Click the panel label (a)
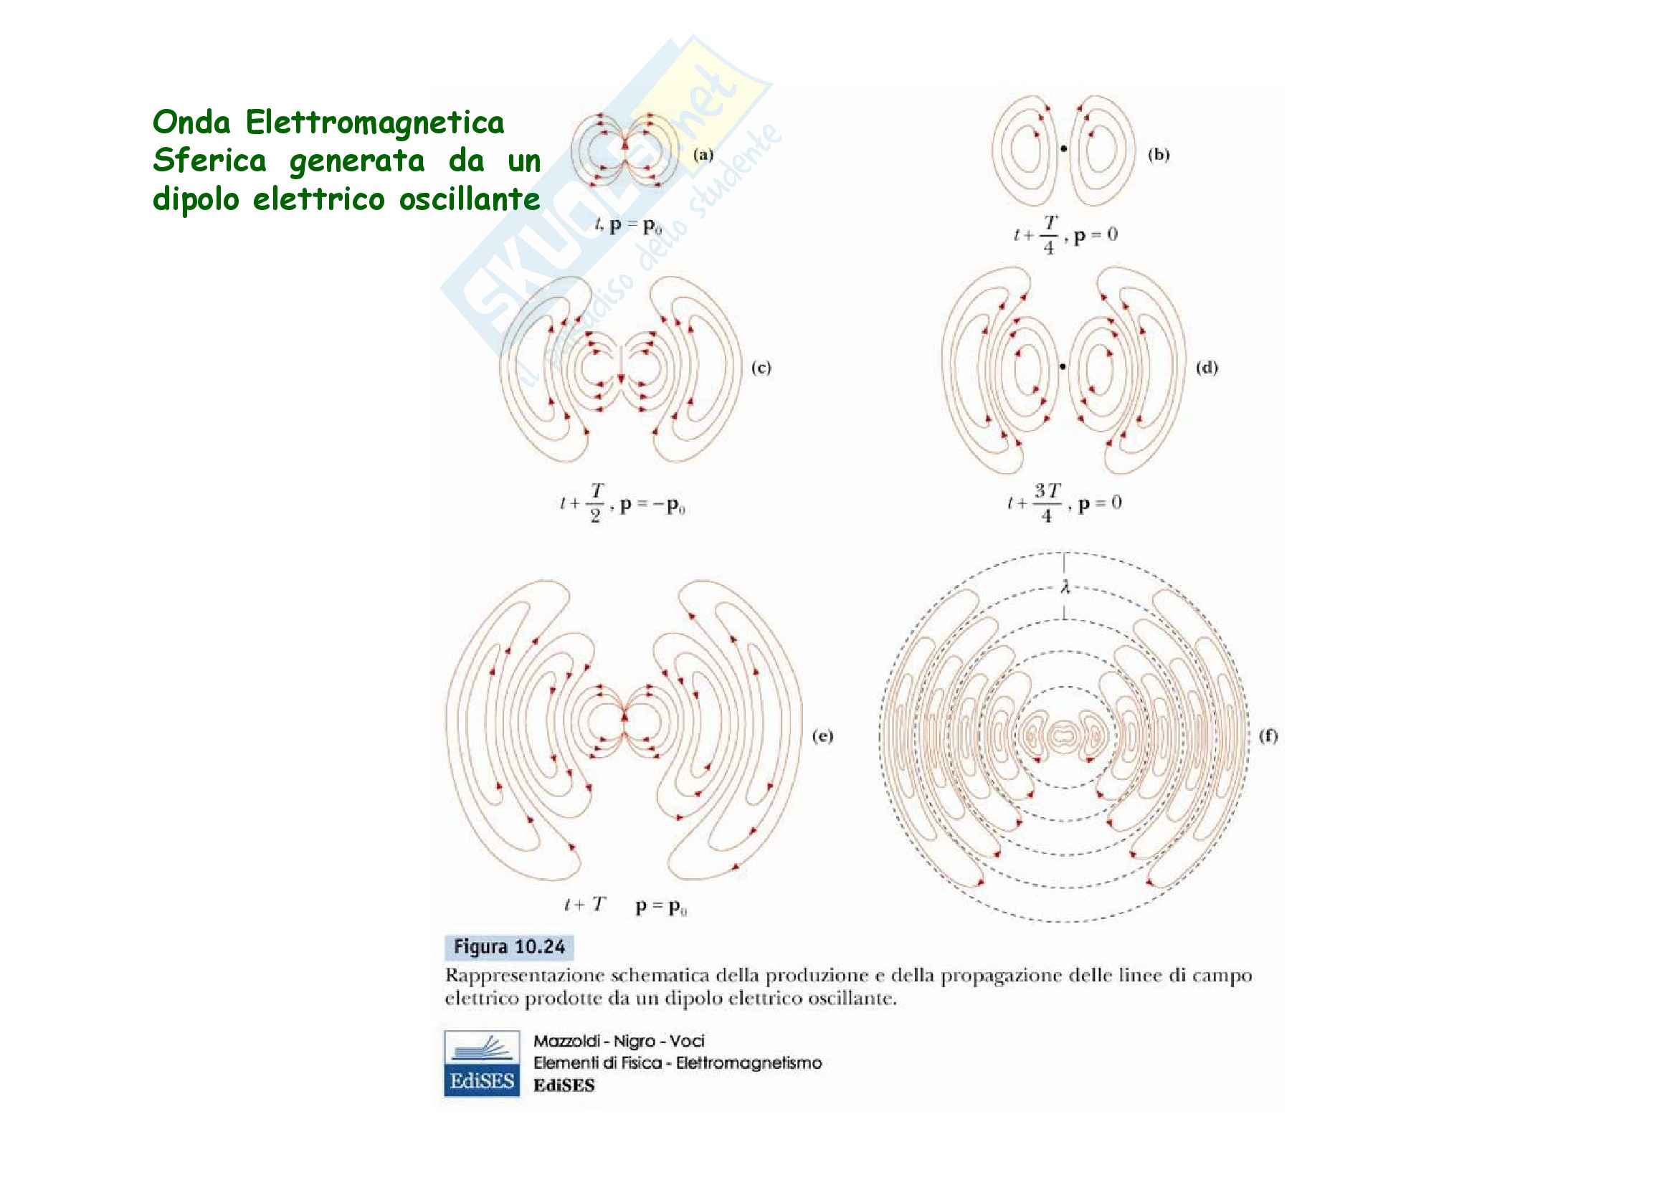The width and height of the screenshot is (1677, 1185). pos(703,154)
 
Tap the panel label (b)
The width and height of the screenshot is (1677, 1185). pos(1159,154)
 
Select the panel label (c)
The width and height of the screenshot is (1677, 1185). pos(761,368)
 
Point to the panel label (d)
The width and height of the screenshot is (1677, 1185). pos(1207,368)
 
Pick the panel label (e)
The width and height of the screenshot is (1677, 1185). pos(822,736)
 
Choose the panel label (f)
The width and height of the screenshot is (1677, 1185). pos(1268,736)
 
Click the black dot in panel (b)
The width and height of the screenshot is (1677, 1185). pos(1063,149)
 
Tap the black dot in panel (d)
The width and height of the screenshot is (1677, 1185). pos(1063,366)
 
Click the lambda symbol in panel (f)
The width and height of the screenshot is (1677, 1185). pos(1065,586)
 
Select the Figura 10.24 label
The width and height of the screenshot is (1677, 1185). pos(509,947)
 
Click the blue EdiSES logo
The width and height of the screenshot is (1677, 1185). pos(482,1063)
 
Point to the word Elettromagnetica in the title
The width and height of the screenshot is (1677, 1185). pos(375,122)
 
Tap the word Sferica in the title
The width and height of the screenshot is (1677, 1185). pos(209,161)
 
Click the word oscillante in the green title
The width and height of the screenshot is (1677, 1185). pos(470,199)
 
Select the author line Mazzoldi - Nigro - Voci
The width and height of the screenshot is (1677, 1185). pos(619,1041)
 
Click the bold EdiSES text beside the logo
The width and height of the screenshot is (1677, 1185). pos(564,1085)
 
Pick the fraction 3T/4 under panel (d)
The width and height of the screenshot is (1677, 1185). pos(1047,503)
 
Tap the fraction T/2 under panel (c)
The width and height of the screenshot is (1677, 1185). pos(596,503)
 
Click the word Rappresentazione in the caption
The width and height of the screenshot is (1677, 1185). pos(524,976)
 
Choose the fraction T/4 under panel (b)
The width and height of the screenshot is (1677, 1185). pos(1050,234)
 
